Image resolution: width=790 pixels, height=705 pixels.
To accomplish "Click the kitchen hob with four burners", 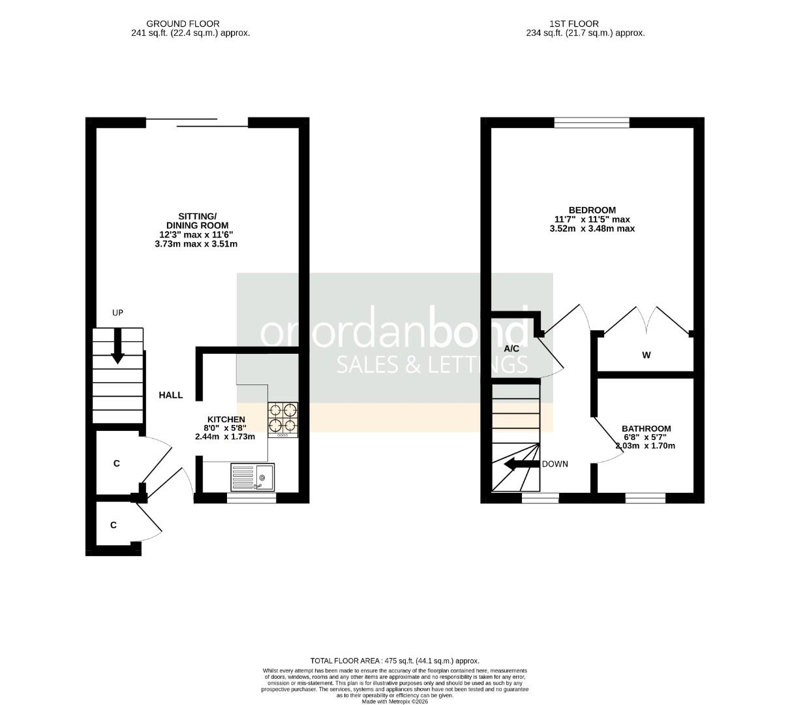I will pyautogui.click(x=282, y=419).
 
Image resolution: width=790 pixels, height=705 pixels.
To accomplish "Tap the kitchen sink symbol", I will pyautogui.click(x=253, y=477).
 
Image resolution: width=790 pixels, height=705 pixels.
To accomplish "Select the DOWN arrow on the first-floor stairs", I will pyautogui.click(x=518, y=464).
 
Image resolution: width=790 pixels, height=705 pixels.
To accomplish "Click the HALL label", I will pyautogui.click(x=171, y=395).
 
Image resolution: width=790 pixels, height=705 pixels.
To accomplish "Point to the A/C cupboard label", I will pyautogui.click(x=511, y=349).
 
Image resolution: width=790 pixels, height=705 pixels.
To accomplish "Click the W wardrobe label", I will pyautogui.click(x=646, y=355).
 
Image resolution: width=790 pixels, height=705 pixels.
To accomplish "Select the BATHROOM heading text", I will pyautogui.click(x=646, y=429).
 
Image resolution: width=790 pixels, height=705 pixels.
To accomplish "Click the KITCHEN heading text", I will pyautogui.click(x=226, y=419).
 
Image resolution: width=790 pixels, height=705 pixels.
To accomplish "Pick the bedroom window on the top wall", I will pyautogui.click(x=592, y=122).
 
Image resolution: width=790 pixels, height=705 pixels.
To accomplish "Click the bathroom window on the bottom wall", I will pyautogui.click(x=645, y=498).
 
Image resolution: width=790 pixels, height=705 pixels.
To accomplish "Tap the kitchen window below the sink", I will pyautogui.click(x=251, y=498).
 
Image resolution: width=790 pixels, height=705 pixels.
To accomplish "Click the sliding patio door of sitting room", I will pyautogui.click(x=196, y=122).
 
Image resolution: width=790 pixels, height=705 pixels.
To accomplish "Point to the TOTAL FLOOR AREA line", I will pyautogui.click(x=395, y=661).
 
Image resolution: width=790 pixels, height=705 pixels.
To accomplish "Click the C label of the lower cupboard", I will pyautogui.click(x=114, y=524).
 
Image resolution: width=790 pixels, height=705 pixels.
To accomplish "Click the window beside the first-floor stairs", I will pyautogui.click(x=540, y=498).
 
